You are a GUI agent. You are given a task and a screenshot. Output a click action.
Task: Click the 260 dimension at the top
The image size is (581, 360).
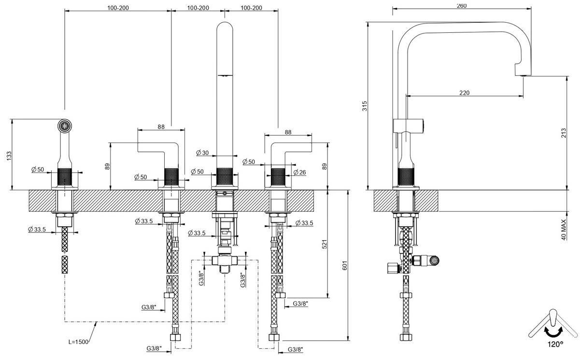point(461,5)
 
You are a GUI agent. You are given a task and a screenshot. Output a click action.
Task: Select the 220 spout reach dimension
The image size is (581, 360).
point(464,93)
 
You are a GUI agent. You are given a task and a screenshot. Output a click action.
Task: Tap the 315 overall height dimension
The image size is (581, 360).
point(365,106)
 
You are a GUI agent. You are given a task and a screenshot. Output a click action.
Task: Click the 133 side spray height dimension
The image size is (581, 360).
point(6,155)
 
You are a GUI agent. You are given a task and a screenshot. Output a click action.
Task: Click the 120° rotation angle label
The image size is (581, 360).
point(555,345)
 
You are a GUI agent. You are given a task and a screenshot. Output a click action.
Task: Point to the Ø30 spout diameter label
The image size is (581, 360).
point(202,153)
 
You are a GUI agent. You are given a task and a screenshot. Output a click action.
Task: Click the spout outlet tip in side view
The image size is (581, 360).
point(523,74)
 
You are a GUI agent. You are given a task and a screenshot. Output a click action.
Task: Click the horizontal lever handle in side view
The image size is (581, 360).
point(409,125)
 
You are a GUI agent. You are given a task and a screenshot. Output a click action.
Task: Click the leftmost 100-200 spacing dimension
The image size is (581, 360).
point(118,8)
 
